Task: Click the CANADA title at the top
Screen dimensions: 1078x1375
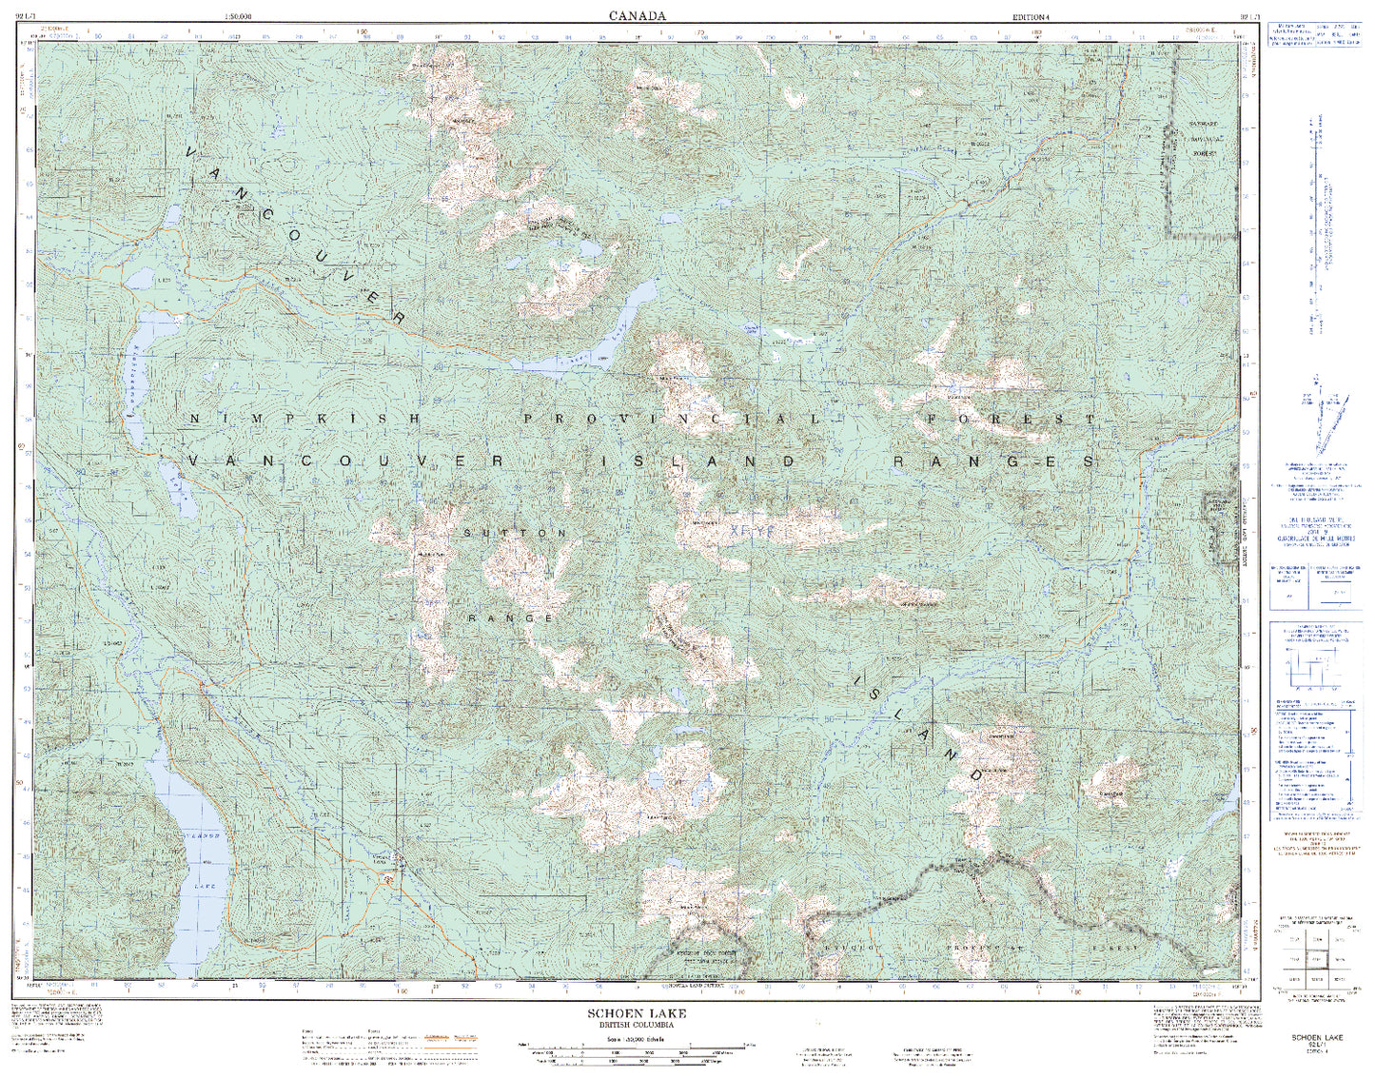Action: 638,15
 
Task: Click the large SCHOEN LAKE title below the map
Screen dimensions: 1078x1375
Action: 637,1014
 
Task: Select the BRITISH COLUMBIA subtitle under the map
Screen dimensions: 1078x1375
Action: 637,1026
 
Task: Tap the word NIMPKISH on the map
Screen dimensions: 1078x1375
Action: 304,419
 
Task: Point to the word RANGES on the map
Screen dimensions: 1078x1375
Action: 994,461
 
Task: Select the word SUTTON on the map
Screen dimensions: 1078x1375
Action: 515,533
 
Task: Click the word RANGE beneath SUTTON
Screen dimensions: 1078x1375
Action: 511,618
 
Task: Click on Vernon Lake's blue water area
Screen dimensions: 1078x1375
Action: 195,856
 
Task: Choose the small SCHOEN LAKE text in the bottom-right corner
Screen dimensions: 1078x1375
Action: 1316,1037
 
